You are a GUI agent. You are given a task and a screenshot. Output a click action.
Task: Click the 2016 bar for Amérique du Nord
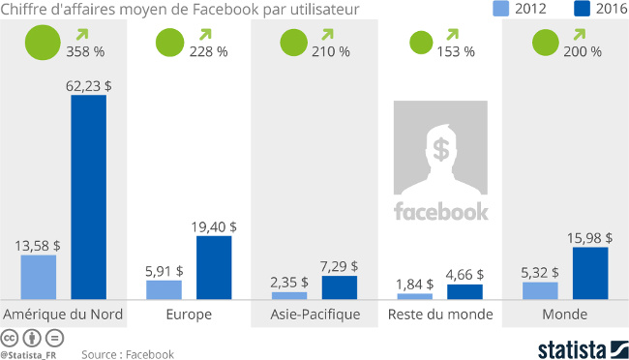click(x=88, y=197)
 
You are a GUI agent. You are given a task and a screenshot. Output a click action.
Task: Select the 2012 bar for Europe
click(x=164, y=289)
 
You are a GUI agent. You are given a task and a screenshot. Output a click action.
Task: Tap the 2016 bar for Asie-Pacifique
click(x=339, y=287)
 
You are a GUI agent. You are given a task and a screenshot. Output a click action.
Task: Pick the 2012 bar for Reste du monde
click(x=414, y=294)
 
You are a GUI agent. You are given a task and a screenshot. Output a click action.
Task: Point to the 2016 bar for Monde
click(x=590, y=273)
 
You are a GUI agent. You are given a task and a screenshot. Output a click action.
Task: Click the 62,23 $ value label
click(x=88, y=85)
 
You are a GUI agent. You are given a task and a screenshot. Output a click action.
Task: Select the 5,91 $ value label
click(x=164, y=271)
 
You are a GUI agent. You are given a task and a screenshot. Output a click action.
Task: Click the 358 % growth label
click(x=85, y=51)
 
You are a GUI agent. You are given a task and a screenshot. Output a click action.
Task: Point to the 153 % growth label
click(x=456, y=51)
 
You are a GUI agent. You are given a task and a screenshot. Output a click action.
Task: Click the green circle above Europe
click(x=169, y=44)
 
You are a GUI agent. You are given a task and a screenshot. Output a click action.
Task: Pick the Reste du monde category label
click(x=440, y=315)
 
